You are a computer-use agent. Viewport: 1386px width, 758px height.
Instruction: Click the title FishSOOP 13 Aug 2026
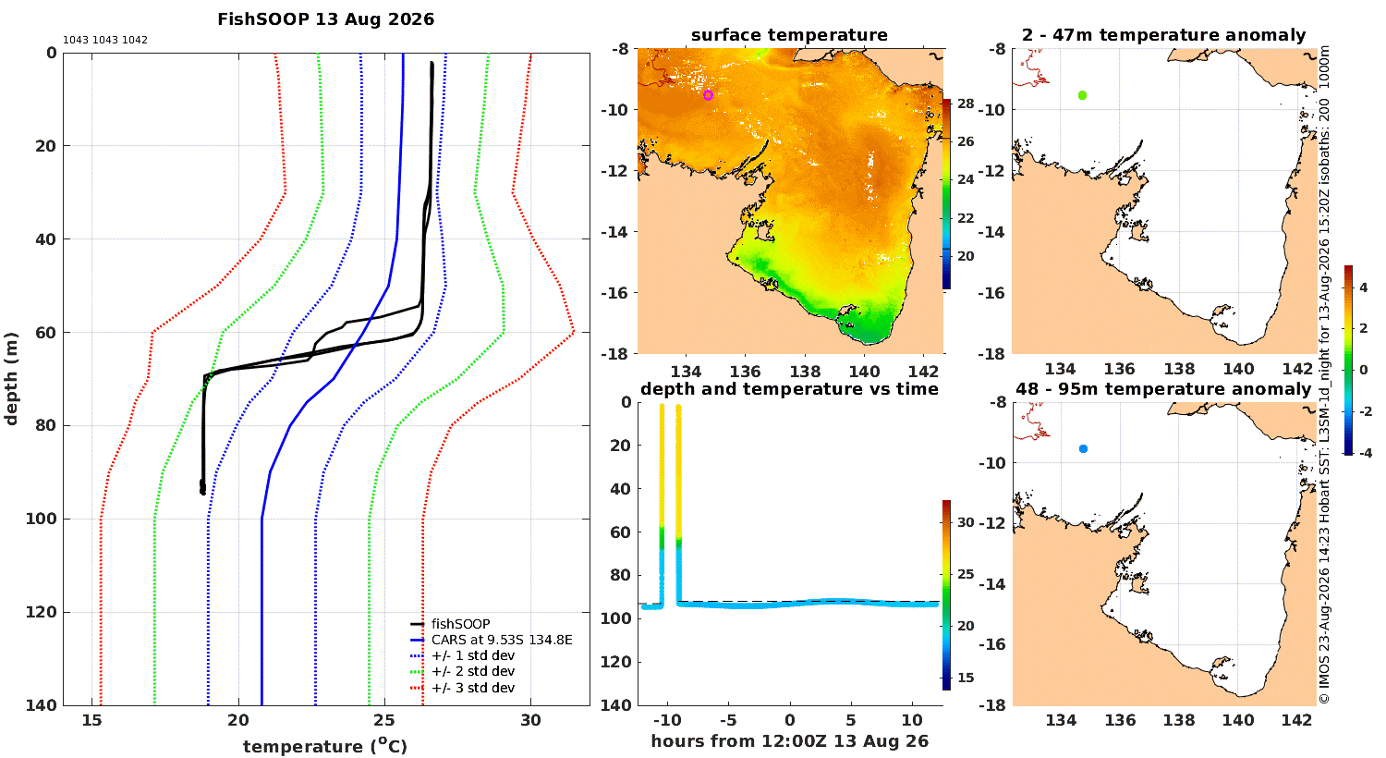click(x=325, y=19)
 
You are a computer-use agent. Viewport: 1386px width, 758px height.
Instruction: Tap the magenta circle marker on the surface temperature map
click(x=708, y=95)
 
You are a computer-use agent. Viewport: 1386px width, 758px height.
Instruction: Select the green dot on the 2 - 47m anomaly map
click(x=1082, y=95)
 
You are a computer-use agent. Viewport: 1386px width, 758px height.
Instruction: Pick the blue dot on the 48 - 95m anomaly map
click(x=1083, y=448)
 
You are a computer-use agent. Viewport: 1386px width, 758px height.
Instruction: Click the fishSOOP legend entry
click(x=460, y=624)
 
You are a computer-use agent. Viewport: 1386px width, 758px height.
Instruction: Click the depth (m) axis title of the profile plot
click(x=11, y=379)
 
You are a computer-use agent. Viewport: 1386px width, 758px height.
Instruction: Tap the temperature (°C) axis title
click(x=325, y=746)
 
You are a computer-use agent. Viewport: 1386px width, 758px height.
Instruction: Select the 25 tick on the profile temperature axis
click(x=384, y=720)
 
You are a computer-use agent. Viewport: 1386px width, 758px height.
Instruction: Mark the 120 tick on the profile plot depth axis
click(x=42, y=612)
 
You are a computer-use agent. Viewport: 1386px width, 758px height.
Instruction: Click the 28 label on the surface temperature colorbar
click(x=966, y=104)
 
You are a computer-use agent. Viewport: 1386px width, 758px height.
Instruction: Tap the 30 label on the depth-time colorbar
click(x=966, y=522)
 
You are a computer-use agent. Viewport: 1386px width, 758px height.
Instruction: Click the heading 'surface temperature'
click(x=789, y=35)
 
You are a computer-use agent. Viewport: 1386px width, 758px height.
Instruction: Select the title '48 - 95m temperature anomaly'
click(x=1163, y=389)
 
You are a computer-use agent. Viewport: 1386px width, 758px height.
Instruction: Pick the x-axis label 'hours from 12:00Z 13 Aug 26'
click(x=789, y=740)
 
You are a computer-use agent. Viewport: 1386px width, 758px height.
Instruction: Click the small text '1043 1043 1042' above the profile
click(x=105, y=41)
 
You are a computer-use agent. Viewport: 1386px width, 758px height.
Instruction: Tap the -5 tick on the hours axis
click(x=728, y=720)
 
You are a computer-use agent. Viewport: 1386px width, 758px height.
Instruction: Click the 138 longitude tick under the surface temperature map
click(x=805, y=372)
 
